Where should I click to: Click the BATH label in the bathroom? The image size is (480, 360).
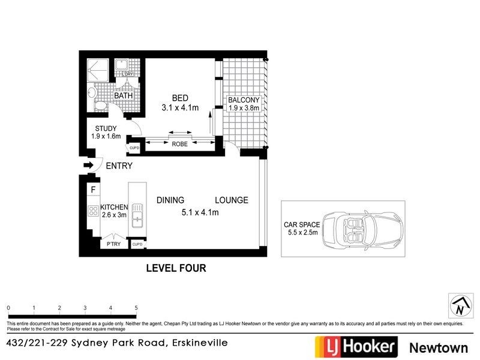coord(124,95)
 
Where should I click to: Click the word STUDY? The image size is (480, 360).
coord(106,128)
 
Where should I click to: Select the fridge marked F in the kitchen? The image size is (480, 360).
coord(93,191)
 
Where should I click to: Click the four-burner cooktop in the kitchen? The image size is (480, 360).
coord(94,211)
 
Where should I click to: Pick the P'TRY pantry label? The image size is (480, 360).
coord(113,244)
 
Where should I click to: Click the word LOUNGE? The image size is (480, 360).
coord(232,200)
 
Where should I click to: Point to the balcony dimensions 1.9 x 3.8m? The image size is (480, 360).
coord(244,109)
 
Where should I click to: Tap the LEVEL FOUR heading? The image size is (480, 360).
coord(176,268)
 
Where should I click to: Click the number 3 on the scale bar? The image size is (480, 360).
coord(85,307)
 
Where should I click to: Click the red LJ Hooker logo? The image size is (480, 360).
coord(356,346)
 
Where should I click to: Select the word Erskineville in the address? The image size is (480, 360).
coord(199,343)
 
